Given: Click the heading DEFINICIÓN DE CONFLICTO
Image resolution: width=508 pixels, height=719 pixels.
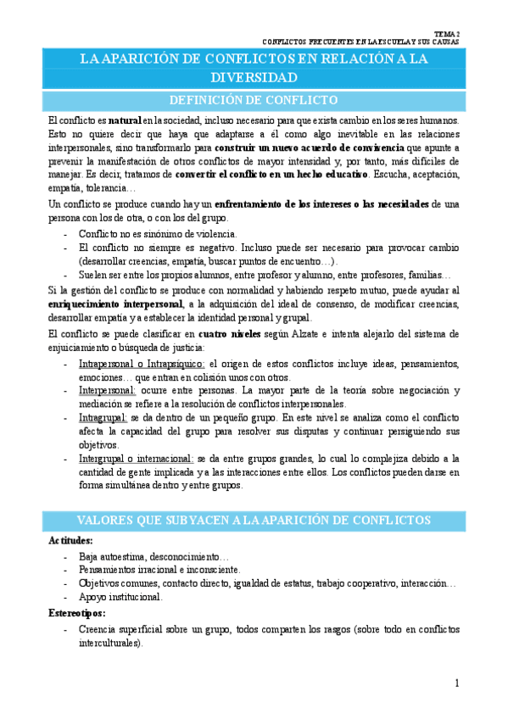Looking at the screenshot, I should (254, 101).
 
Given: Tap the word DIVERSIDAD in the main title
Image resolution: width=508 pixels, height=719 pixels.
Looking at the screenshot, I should (254, 77).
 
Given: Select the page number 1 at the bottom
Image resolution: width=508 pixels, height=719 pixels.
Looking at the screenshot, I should (456, 683).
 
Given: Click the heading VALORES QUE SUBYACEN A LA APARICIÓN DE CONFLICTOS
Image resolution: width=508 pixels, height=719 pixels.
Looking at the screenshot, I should (254, 519).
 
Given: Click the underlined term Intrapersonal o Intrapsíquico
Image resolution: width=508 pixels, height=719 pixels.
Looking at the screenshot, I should (142, 364).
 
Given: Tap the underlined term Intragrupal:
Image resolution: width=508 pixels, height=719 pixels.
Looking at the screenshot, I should (103, 418).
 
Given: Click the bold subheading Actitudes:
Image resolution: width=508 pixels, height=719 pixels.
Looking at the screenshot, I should (70, 540).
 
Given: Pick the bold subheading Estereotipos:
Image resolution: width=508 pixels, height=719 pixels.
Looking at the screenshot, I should (77, 612).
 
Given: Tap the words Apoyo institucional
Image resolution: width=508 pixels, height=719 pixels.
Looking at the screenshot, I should (120, 596).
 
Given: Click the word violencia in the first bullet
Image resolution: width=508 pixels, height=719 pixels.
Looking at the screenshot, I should (215, 233).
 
